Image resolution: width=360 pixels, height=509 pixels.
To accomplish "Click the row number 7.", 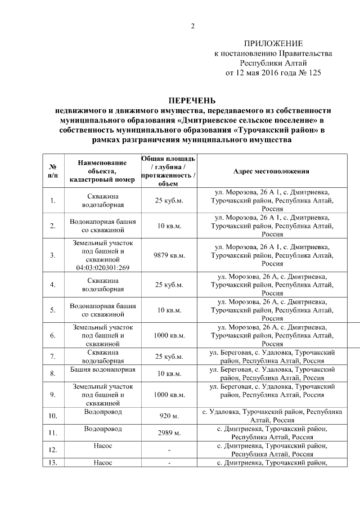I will pyautogui.click(x=52, y=357).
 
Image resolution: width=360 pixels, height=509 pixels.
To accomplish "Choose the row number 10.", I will pyautogui.click(x=52, y=416).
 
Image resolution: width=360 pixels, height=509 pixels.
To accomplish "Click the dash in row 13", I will pyautogui.click(x=169, y=462).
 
